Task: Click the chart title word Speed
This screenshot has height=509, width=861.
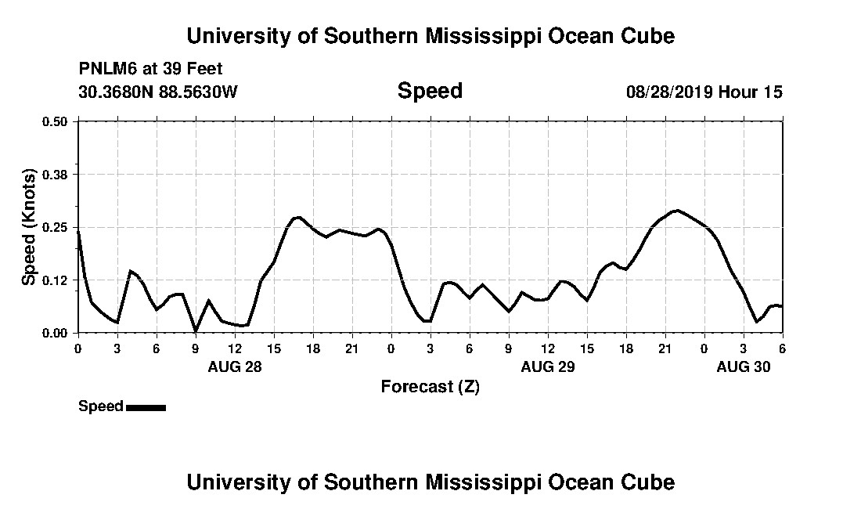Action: tap(430, 91)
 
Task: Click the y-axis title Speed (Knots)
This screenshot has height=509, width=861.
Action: tap(29, 226)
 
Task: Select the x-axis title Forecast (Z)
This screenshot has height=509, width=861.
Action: tap(430, 386)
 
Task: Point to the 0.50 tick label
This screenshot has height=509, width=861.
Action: tap(55, 121)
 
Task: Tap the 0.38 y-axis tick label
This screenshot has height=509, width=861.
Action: tap(55, 174)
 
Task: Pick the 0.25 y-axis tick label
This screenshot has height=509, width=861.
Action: tap(55, 227)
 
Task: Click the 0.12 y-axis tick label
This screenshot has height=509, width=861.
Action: tap(55, 280)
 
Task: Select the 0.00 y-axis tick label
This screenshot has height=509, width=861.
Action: tap(55, 333)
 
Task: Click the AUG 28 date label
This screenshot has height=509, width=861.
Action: tap(235, 366)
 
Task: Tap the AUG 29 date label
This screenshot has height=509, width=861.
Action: tap(547, 366)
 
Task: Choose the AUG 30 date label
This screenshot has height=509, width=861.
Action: tap(744, 366)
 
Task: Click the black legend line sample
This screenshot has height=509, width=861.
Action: tap(146, 407)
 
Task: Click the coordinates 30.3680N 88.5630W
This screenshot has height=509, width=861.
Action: tap(158, 92)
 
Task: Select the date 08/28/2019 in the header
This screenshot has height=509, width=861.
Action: tap(669, 92)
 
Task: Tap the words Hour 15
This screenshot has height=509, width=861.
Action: tap(751, 92)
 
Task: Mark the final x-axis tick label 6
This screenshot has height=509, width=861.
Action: tap(782, 348)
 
